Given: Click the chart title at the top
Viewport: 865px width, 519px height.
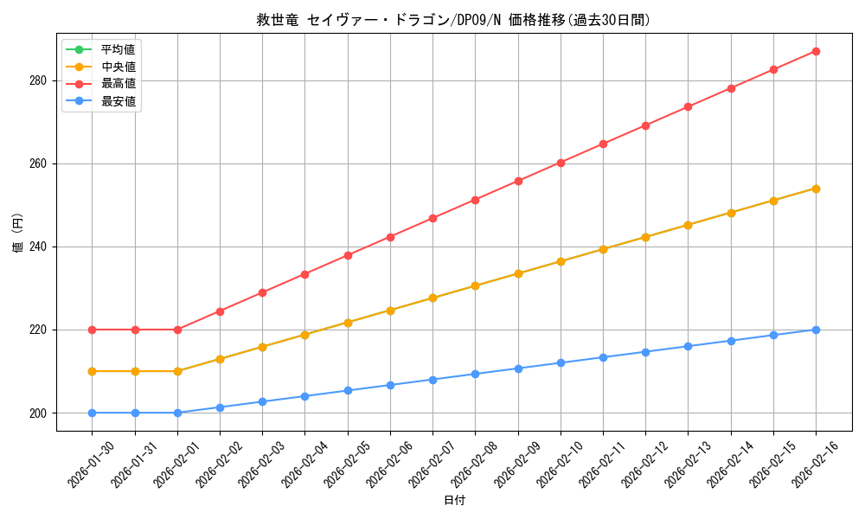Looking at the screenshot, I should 453,20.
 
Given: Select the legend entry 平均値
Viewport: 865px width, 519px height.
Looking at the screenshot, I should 118,49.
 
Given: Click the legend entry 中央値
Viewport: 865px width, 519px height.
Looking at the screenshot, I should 118,67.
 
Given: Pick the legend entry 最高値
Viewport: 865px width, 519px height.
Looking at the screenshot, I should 118,84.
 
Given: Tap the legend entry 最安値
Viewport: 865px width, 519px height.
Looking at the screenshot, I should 118,101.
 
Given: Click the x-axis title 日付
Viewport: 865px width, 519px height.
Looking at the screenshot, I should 454,501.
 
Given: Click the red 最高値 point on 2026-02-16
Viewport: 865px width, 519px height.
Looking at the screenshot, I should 816,51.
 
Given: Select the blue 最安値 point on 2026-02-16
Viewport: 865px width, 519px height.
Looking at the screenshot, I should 816,330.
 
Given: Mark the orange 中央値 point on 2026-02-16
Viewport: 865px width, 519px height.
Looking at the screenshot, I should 816,189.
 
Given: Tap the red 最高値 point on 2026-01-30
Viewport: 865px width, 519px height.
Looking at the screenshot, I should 92,330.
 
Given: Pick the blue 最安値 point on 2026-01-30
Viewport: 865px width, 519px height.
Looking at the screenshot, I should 92,413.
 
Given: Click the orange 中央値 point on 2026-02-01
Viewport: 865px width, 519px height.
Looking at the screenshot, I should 177,371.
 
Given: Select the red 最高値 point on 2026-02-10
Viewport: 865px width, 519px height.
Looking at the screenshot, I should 561,163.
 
